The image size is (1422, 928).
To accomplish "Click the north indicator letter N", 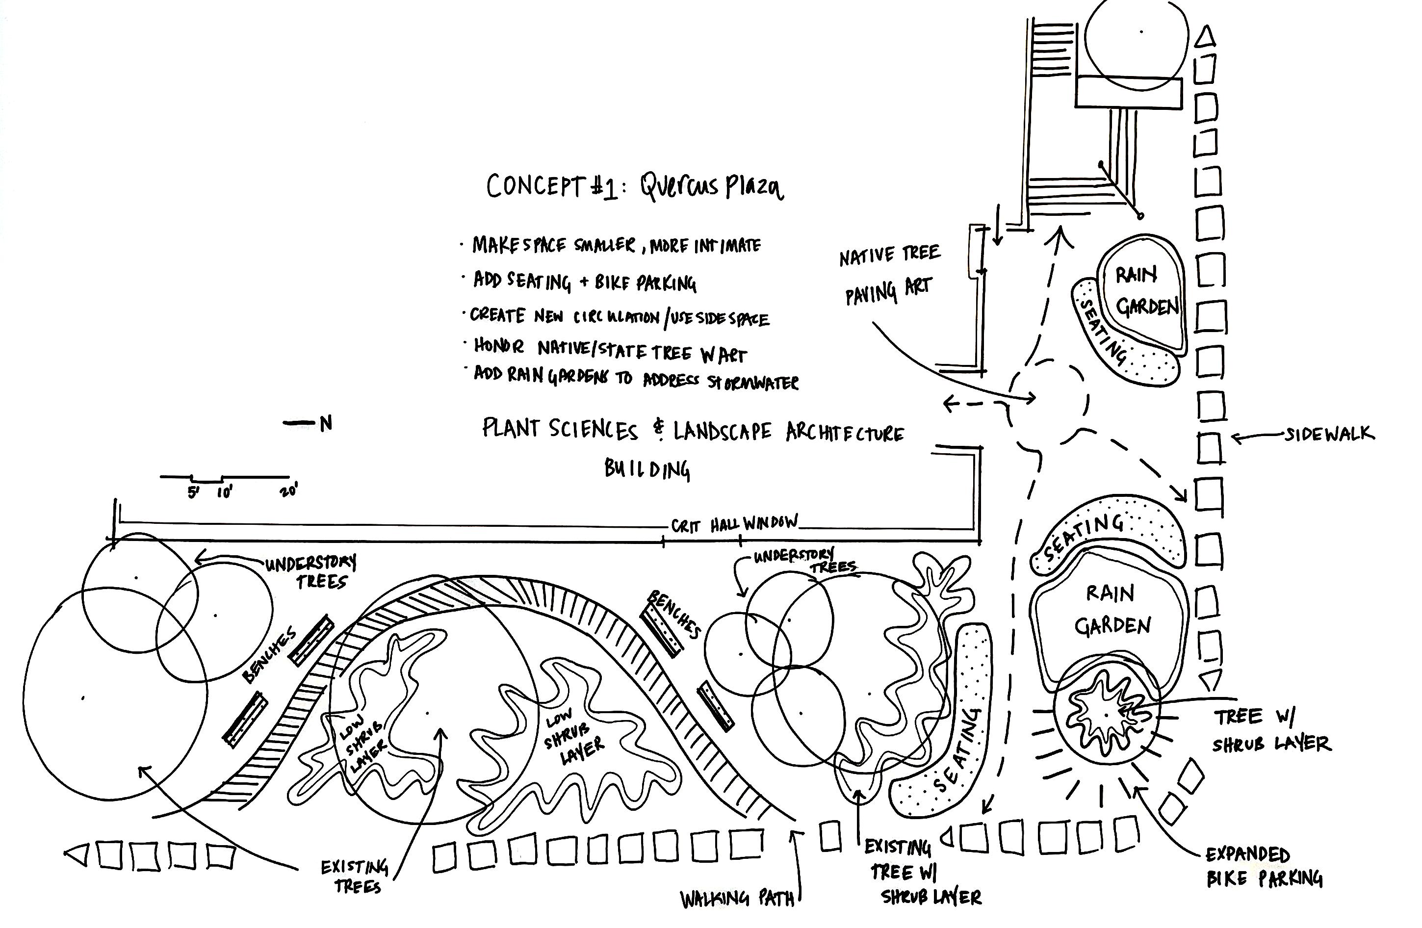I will coord(326,424).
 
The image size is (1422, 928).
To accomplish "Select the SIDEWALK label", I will coord(1329,434).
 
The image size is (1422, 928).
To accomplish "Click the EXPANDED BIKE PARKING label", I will coord(1263,867).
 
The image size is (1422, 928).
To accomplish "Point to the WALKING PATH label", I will coord(738,898).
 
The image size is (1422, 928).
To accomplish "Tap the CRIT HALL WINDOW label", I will coord(734,524).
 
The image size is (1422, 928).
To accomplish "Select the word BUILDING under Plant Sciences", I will coord(647,469).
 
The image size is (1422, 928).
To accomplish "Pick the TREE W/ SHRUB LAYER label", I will coord(1271,730).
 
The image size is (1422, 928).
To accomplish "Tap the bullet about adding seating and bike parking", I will coord(584,282).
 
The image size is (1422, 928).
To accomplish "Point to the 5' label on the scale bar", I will coord(193,493).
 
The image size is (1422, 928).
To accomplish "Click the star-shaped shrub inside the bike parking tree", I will coord(1105,714).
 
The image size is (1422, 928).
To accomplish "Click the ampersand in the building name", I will coord(659,430).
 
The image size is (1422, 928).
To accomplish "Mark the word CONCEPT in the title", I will coord(534,186).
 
